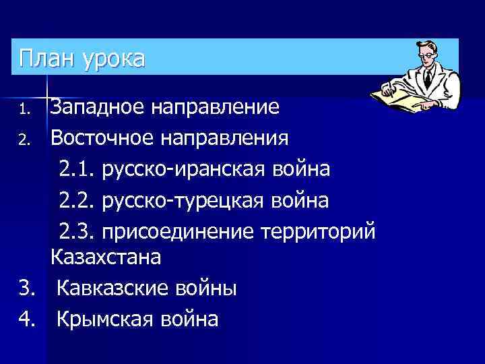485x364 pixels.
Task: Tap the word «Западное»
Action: [98, 107]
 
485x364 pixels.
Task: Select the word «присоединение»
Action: [176, 231]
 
